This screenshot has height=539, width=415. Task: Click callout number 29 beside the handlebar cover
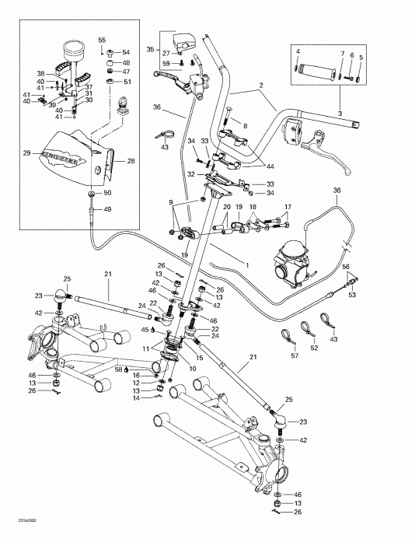point(27,154)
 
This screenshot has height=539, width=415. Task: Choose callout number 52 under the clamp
point(314,348)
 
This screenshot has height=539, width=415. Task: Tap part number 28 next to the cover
point(130,161)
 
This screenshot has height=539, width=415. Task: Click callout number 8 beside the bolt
point(244,124)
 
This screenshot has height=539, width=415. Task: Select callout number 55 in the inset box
point(101,39)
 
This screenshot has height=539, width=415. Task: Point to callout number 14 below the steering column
point(137,397)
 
